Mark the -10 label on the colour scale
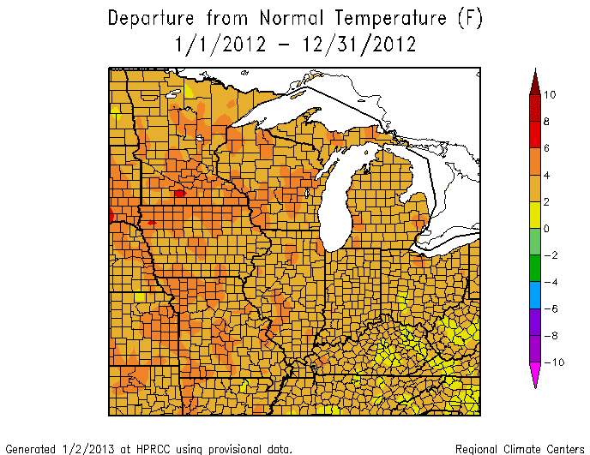(x=553, y=362)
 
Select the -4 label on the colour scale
(x=552, y=282)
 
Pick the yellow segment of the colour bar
(x=535, y=215)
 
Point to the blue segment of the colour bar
(x=535, y=296)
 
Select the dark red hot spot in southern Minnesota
(x=178, y=194)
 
